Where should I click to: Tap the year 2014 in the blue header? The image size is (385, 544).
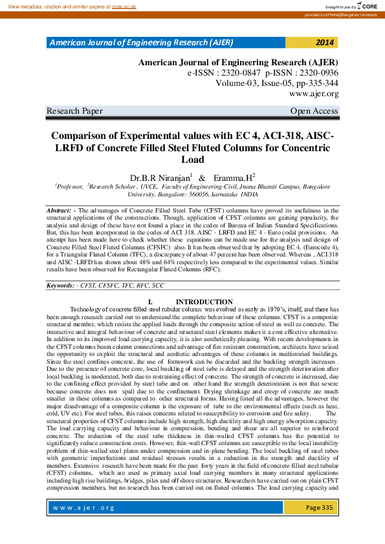(x=325, y=43)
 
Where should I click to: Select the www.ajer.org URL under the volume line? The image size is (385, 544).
(x=314, y=94)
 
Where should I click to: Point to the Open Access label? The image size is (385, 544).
(x=314, y=111)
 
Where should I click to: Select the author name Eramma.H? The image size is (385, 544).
(x=234, y=177)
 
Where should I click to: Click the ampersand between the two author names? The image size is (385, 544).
(x=202, y=178)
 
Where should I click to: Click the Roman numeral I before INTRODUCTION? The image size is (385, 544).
(x=150, y=302)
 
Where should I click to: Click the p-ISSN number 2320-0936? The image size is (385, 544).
(x=314, y=73)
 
